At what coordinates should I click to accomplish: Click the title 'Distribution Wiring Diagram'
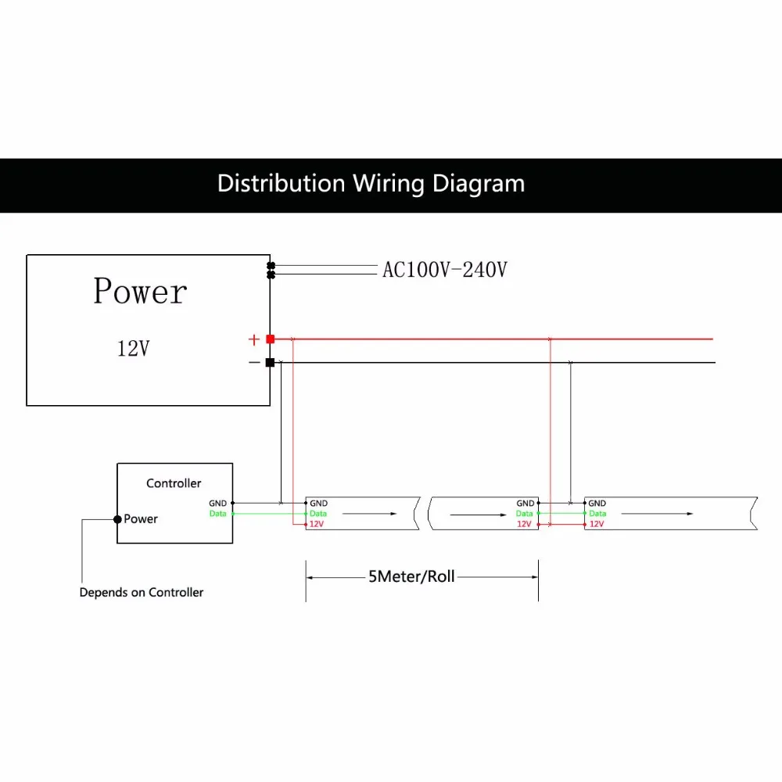click(x=371, y=184)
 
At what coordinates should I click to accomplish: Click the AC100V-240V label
click(x=445, y=270)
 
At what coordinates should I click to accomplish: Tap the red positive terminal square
click(x=271, y=339)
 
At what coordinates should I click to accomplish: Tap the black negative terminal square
click(x=271, y=363)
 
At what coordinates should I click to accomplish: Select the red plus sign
click(x=254, y=339)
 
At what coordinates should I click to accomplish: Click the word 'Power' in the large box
click(x=140, y=291)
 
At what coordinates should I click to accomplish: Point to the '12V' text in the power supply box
click(x=133, y=348)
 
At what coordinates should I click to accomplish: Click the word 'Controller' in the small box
click(x=174, y=483)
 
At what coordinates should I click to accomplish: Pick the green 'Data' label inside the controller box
click(x=218, y=514)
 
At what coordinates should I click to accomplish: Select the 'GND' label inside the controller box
click(x=218, y=503)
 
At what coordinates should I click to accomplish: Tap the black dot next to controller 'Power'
click(x=118, y=519)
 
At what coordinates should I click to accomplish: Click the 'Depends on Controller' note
click(x=142, y=593)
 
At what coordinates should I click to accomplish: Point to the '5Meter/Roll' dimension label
click(x=411, y=576)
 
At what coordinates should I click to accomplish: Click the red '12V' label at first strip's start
click(x=317, y=524)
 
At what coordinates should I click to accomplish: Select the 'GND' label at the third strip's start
click(x=597, y=503)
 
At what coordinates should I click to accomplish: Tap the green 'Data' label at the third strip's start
click(x=597, y=514)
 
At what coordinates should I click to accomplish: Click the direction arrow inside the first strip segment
click(x=370, y=514)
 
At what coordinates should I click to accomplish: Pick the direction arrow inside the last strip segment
click(x=658, y=514)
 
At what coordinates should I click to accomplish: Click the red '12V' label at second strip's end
click(x=524, y=524)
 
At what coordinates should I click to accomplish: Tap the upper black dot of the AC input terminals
click(x=271, y=266)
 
